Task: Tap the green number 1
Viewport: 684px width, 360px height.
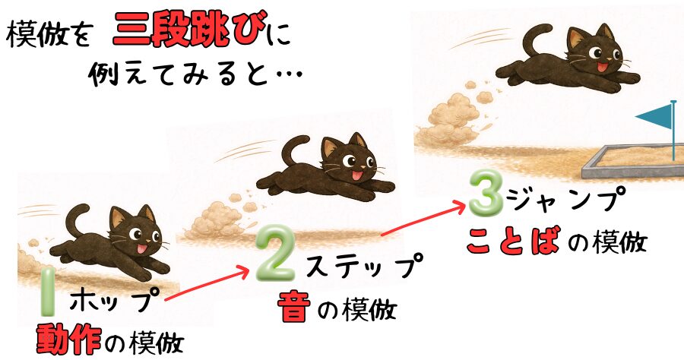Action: pyautogui.click(x=48, y=292)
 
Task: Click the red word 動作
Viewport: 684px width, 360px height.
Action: pyautogui.click(x=68, y=340)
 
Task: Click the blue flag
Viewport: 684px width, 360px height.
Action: pyautogui.click(x=654, y=116)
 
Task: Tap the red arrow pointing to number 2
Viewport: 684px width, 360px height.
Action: pyautogui.click(x=206, y=285)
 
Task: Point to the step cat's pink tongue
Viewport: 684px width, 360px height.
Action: pyautogui.click(x=357, y=175)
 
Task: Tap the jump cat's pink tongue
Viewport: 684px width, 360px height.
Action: pyautogui.click(x=603, y=67)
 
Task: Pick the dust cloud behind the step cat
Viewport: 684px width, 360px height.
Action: pyautogui.click(x=216, y=219)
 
